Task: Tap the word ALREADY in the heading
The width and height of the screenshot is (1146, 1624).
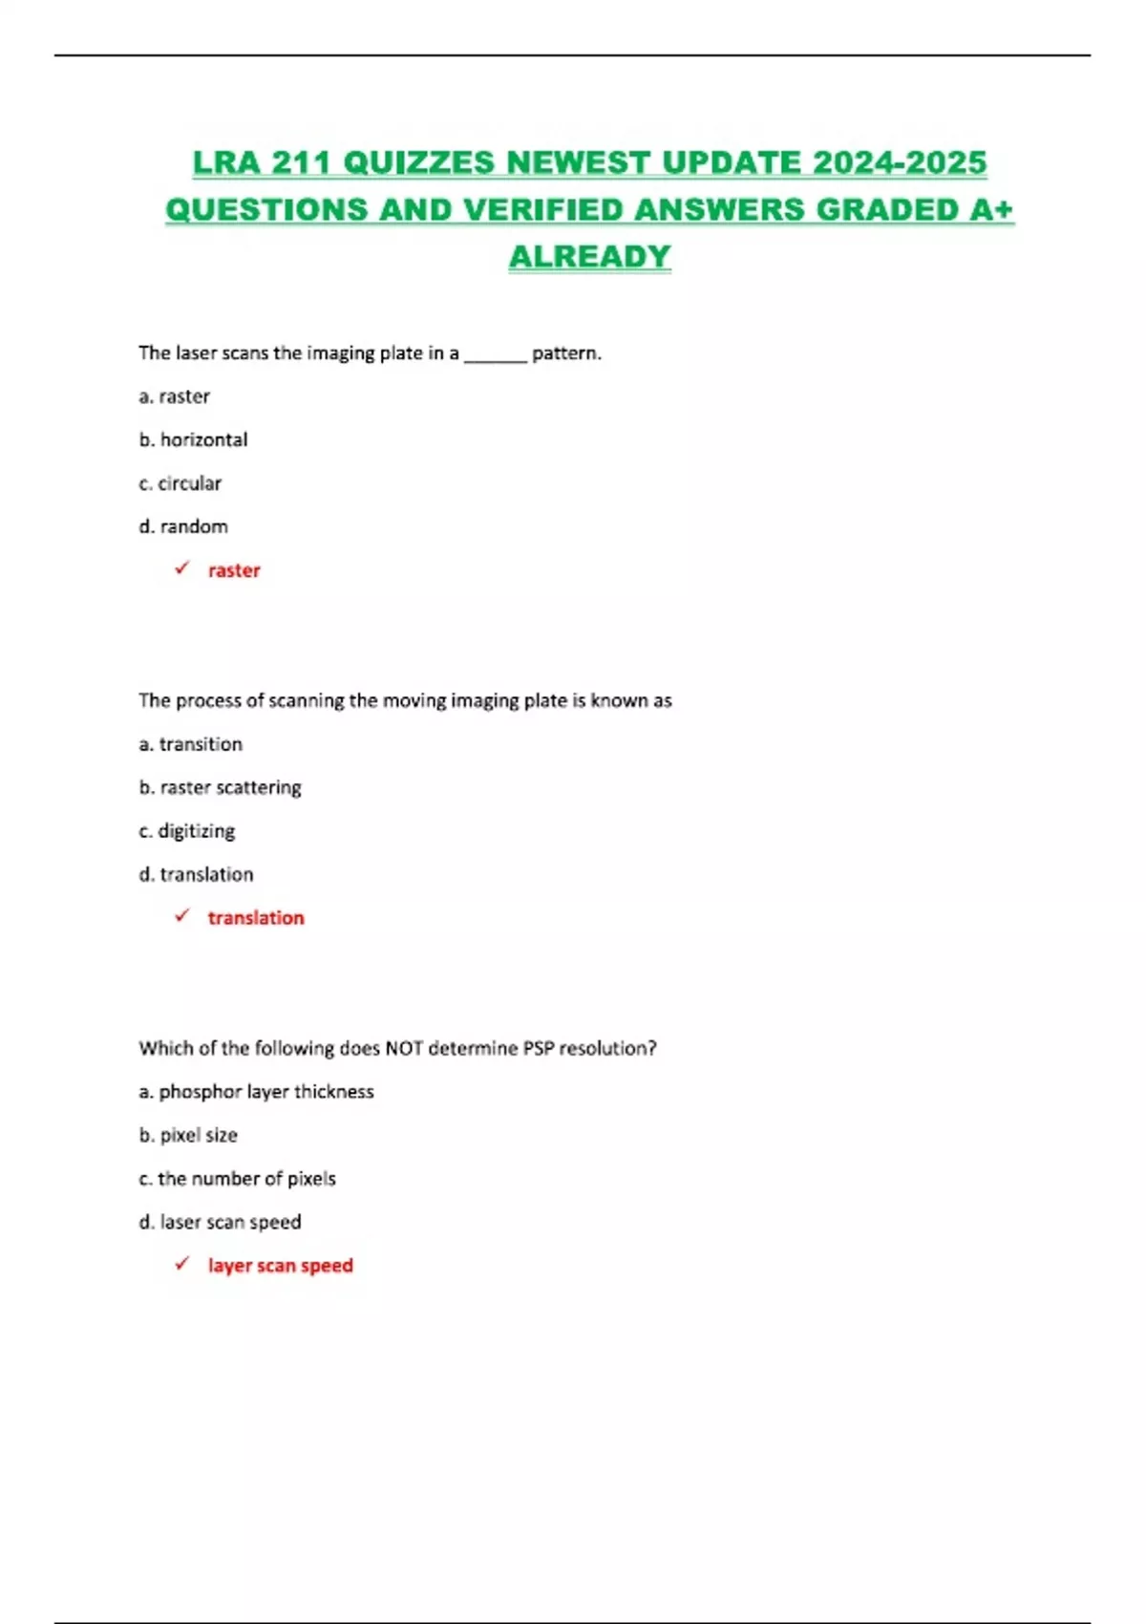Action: tap(589, 256)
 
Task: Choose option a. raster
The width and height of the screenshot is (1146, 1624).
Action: tap(174, 396)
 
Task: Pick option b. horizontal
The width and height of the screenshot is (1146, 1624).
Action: tap(193, 439)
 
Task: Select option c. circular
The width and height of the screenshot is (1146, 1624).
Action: tap(180, 483)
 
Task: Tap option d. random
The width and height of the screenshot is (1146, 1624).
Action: tap(183, 526)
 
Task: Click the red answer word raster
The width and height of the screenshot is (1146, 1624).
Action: tap(234, 570)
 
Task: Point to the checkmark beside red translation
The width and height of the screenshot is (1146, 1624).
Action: tap(181, 916)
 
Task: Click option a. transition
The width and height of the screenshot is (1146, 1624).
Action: tap(190, 744)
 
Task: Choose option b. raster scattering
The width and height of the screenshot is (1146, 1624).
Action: tap(220, 787)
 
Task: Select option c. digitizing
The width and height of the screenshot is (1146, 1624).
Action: tap(186, 831)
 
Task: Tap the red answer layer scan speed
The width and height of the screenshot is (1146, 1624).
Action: tap(280, 1266)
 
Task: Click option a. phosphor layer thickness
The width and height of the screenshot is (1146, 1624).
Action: tap(256, 1092)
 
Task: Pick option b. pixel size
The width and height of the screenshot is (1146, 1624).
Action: tap(188, 1135)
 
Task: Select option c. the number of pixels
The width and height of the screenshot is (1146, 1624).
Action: tap(237, 1179)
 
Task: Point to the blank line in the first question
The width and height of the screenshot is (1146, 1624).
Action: tap(495, 357)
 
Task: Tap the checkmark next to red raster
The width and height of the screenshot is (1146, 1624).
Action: tap(181, 568)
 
